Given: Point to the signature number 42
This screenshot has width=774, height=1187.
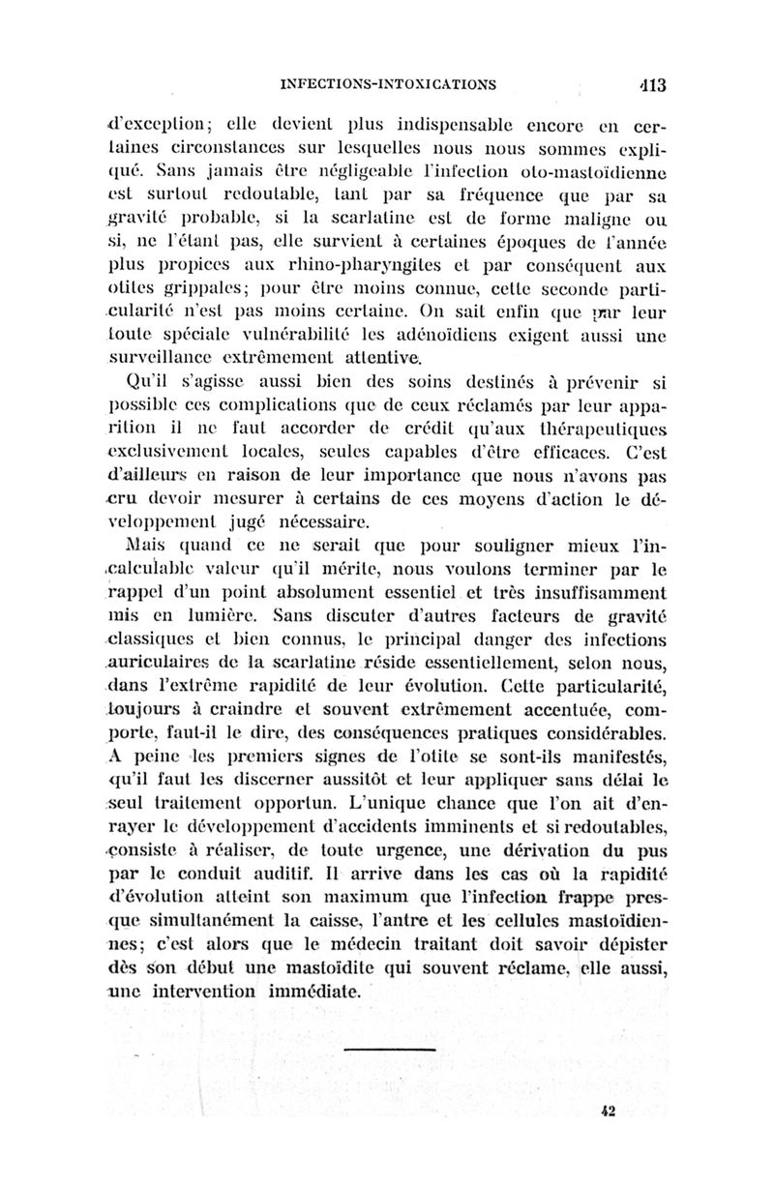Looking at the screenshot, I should tap(609, 1112).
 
